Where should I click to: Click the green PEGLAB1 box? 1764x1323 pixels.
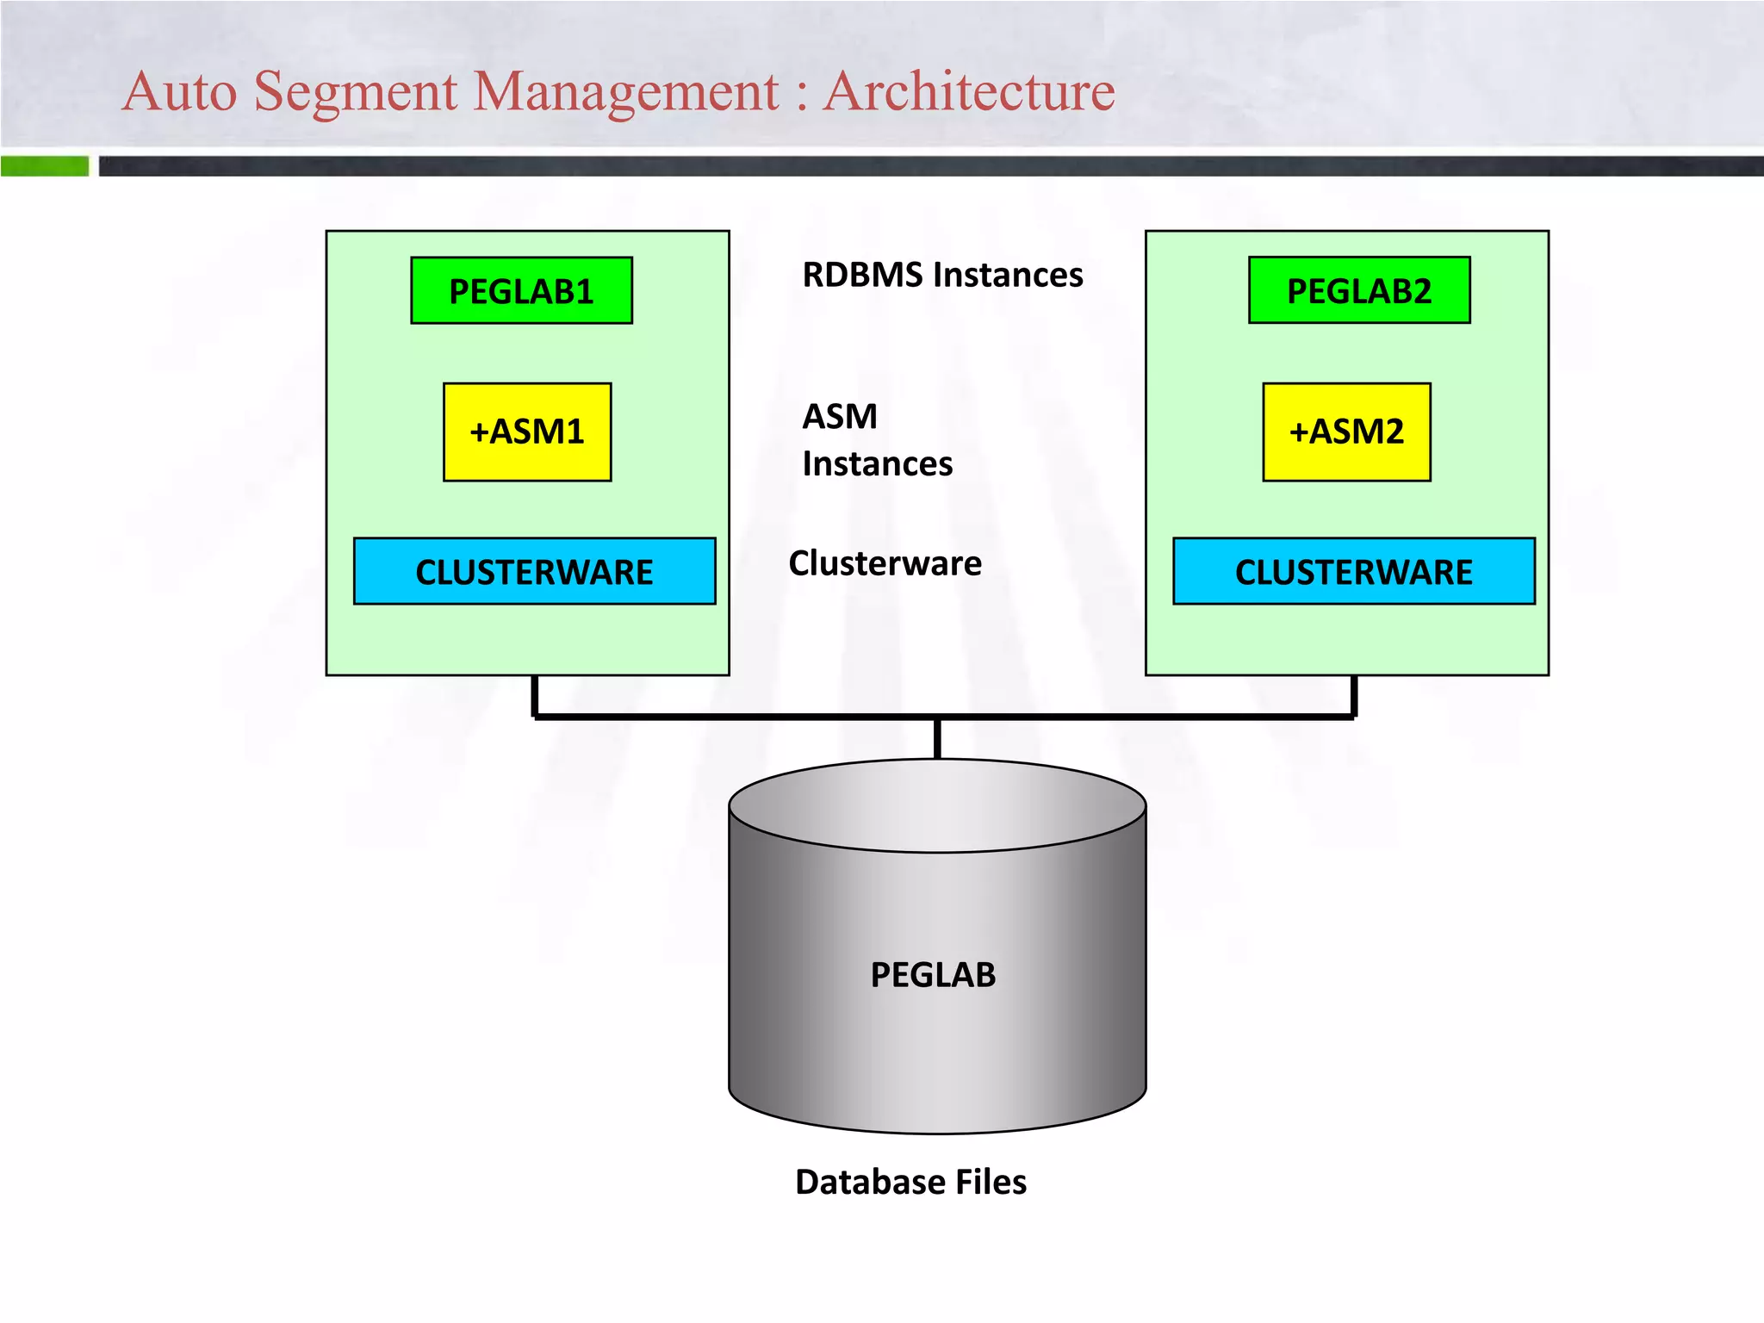[x=521, y=290]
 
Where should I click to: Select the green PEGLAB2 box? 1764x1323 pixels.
[x=1359, y=290]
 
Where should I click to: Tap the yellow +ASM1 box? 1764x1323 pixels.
[x=527, y=432]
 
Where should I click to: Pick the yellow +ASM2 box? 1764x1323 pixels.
[x=1346, y=432]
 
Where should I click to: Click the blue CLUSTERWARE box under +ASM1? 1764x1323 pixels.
[x=534, y=571]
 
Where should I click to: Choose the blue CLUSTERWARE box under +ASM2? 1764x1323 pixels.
[x=1353, y=571]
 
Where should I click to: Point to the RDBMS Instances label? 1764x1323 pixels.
[x=942, y=275]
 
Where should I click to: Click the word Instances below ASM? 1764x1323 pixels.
[x=877, y=464]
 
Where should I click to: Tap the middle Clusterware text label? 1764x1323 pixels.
[x=885, y=563]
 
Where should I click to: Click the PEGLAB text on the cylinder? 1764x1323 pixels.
[x=933, y=975]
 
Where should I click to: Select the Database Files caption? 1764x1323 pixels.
[x=910, y=1182]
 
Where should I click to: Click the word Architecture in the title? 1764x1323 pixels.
[x=968, y=91]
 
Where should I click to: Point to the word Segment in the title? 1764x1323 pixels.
[x=355, y=91]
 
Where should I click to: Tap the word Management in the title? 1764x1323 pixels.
[x=626, y=91]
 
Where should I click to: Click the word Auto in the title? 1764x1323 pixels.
[x=179, y=91]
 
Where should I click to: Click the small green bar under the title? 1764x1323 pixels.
[x=45, y=165]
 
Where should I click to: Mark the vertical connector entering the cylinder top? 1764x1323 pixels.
[x=937, y=738]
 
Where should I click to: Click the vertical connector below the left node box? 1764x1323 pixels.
[x=535, y=695]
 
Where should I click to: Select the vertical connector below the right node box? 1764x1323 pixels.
[x=1354, y=695]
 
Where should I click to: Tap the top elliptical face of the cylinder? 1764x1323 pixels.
[x=937, y=805]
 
